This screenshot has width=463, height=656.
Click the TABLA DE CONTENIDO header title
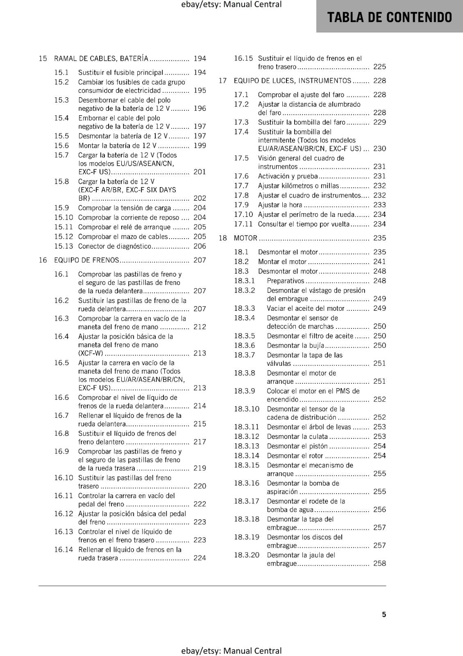pos(389,17)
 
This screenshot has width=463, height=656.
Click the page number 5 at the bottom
pos(384,614)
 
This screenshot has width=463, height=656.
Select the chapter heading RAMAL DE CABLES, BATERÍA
pos(101,59)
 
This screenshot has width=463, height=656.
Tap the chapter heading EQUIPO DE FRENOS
pos(86,260)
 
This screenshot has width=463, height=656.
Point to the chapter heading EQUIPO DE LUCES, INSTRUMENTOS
pos(292,81)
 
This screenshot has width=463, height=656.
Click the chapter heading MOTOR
pos(245,238)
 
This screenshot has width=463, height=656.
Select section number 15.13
pos(64,246)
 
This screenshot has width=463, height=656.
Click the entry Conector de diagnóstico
pos(115,246)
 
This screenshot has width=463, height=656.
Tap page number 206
pos(200,246)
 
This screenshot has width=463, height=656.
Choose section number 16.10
pos(64,478)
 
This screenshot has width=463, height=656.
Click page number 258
pos(379,563)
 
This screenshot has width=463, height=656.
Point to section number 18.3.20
pos(247,555)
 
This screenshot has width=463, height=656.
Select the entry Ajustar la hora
pos(280,205)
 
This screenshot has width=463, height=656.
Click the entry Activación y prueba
pos(288,176)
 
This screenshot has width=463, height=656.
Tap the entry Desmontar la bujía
pos(295,346)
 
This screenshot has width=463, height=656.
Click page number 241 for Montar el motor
pos(379,262)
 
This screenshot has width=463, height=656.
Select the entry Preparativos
pos(286,281)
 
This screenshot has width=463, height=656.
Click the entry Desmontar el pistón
pos(297,446)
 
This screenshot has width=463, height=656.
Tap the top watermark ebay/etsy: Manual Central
pos(231,5)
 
